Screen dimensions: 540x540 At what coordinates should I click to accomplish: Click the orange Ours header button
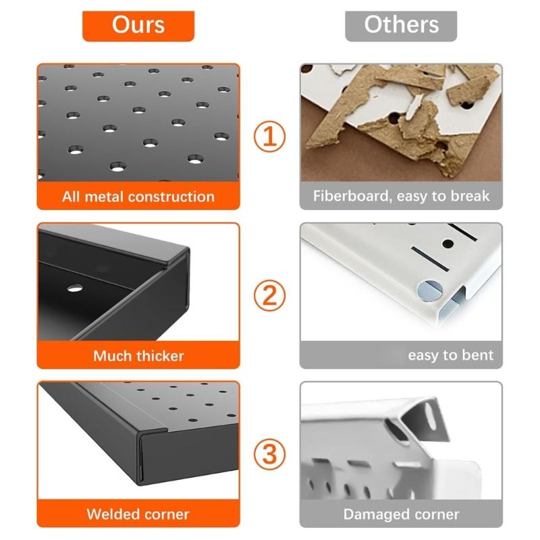pos(138,26)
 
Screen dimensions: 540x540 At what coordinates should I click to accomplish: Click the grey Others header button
pos(401,26)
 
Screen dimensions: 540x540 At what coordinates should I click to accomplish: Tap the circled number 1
pos(270,138)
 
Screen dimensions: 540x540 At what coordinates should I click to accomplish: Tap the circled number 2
pos(270,296)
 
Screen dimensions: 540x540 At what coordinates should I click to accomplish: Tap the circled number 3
pos(270,454)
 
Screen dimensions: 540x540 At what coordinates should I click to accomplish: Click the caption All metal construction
pos(138,197)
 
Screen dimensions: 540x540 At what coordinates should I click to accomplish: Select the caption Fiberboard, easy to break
pos(401,197)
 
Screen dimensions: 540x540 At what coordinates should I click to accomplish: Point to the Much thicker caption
pos(138,356)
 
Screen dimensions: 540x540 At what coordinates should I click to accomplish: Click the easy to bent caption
pos(450,356)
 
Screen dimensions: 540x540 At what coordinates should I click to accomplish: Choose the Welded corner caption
pos(138,514)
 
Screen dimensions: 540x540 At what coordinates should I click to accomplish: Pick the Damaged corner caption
pos(401,514)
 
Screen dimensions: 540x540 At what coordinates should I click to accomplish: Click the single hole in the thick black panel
pos(75,288)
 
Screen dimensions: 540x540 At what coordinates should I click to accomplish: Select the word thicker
pos(159,356)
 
